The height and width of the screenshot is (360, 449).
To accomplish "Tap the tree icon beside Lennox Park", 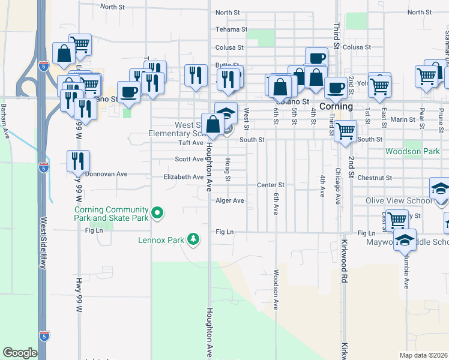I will click(193, 240).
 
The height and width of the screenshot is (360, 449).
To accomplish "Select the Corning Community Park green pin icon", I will click(157, 212).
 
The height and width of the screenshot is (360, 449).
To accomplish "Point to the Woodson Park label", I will click(412, 152).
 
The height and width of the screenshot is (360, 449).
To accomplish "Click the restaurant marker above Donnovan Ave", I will click(78, 161).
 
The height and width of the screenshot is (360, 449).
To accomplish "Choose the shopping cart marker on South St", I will click(345, 131).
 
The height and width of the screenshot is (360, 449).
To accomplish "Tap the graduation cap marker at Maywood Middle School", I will click(405, 239).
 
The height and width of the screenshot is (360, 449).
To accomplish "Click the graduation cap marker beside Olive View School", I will click(440, 190).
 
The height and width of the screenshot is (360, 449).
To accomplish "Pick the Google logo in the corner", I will click(20, 353).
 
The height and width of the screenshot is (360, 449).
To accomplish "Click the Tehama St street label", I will click(231, 29).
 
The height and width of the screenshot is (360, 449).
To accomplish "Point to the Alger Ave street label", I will click(230, 200).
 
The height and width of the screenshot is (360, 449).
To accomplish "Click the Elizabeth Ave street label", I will click(184, 177).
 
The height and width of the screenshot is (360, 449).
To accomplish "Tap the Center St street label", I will click(270, 185).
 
